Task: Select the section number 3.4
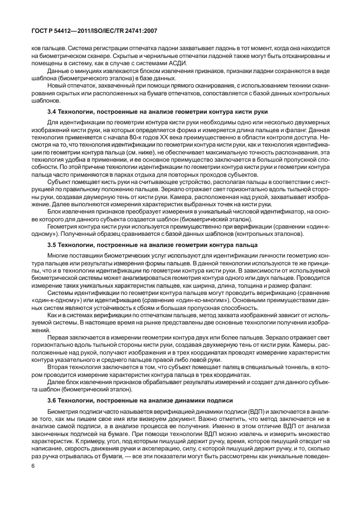coord(53,113)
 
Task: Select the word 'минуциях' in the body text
coord(86,72)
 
